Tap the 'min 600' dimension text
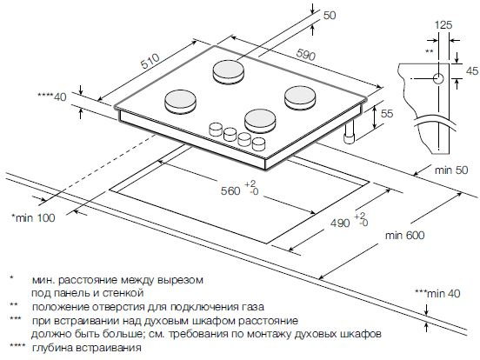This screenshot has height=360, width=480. click(406, 236)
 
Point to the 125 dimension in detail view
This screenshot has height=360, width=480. click(443, 26)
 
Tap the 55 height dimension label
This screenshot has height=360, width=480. click(388, 115)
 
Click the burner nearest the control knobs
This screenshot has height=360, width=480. click(258, 120)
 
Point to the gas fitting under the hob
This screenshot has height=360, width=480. click(350, 132)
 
